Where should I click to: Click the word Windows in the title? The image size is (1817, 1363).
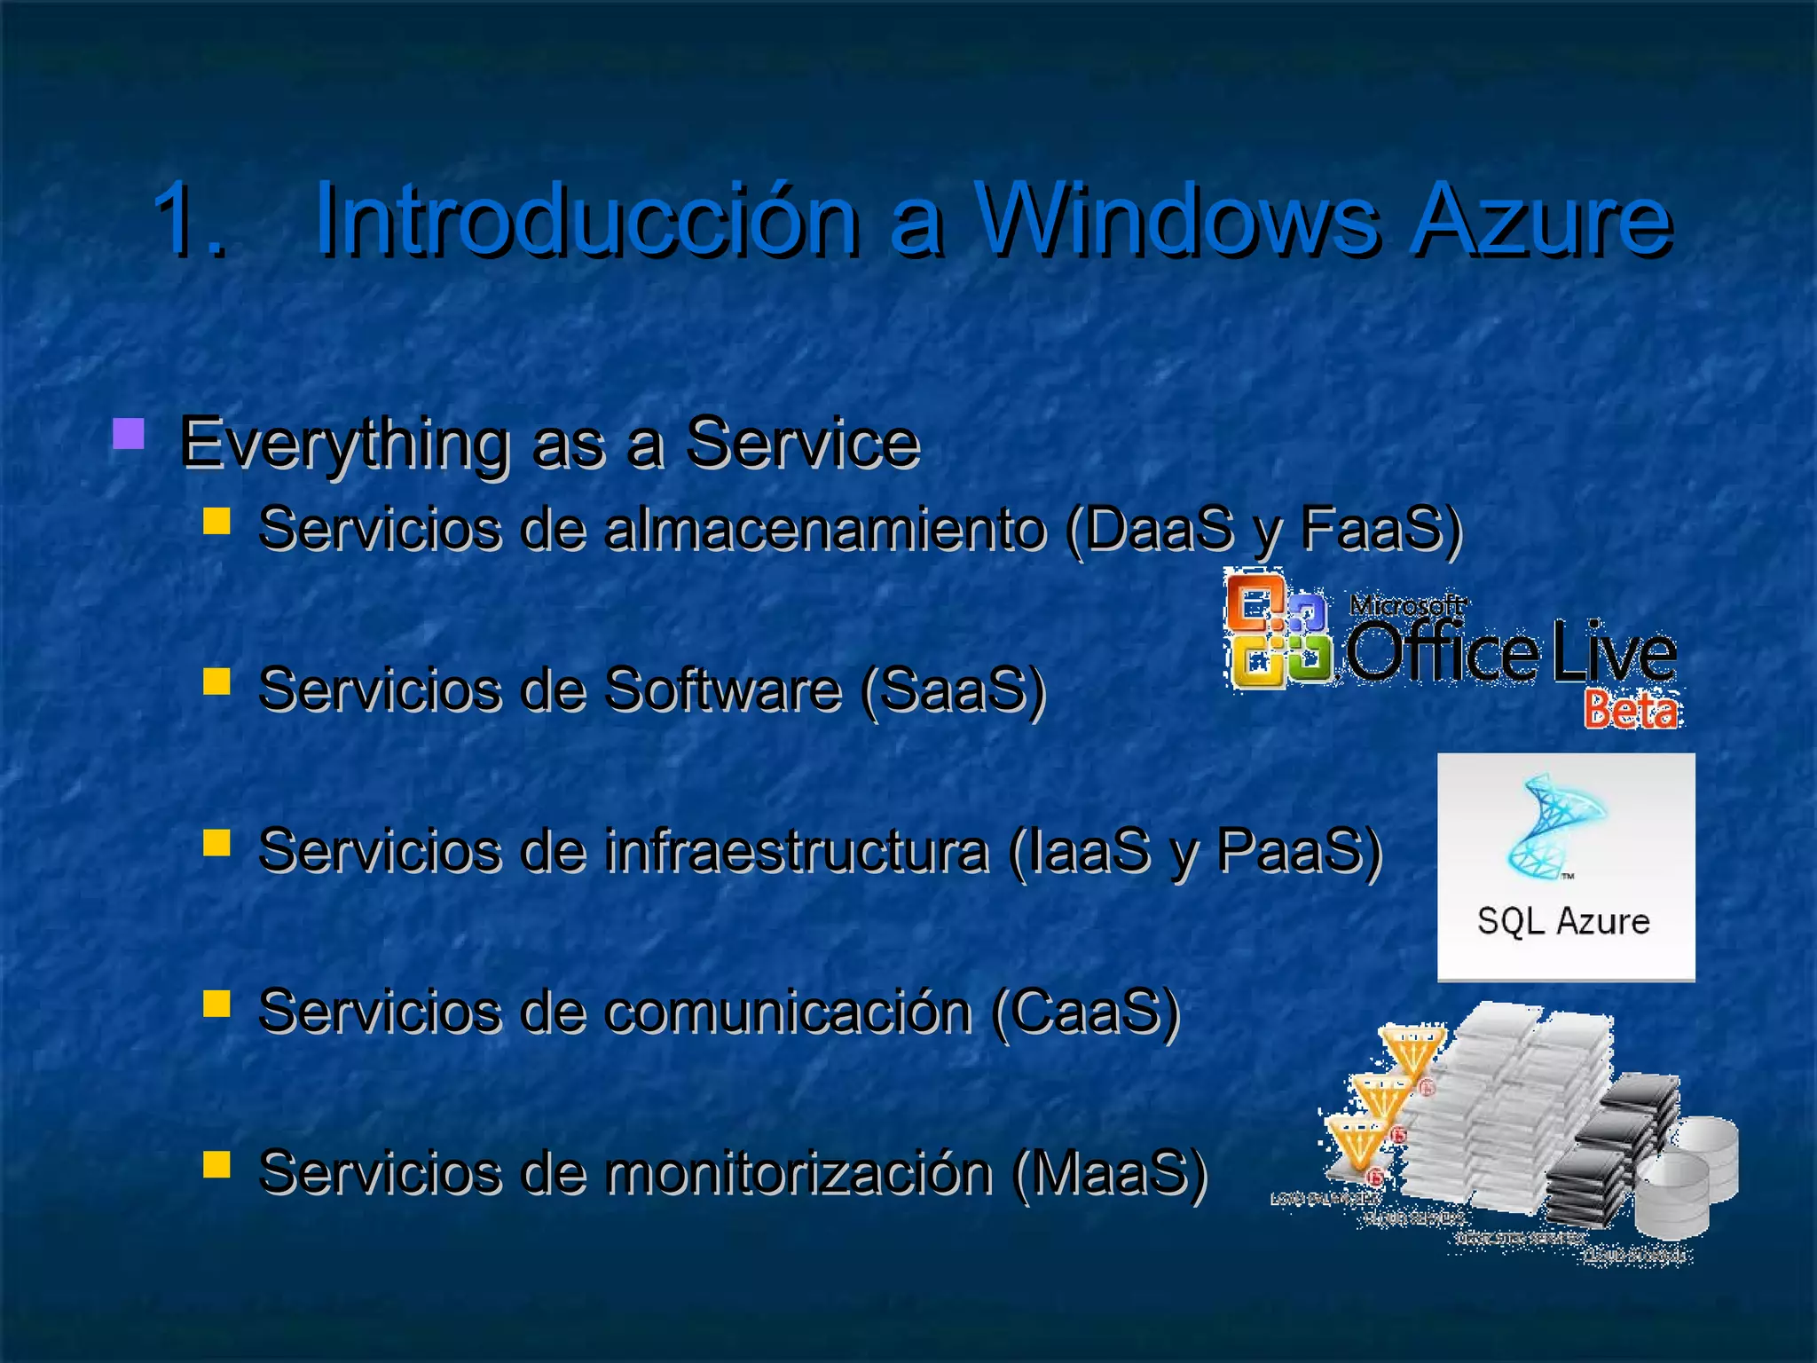click(1176, 219)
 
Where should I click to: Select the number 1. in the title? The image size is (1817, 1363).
click(188, 219)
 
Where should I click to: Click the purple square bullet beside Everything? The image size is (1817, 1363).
click(130, 435)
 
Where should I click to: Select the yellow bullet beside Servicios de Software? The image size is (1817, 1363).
click(216, 681)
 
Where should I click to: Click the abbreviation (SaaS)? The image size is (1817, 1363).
click(953, 689)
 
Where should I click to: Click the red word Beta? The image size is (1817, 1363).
click(1631, 710)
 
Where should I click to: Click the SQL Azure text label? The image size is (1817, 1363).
click(1563, 921)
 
